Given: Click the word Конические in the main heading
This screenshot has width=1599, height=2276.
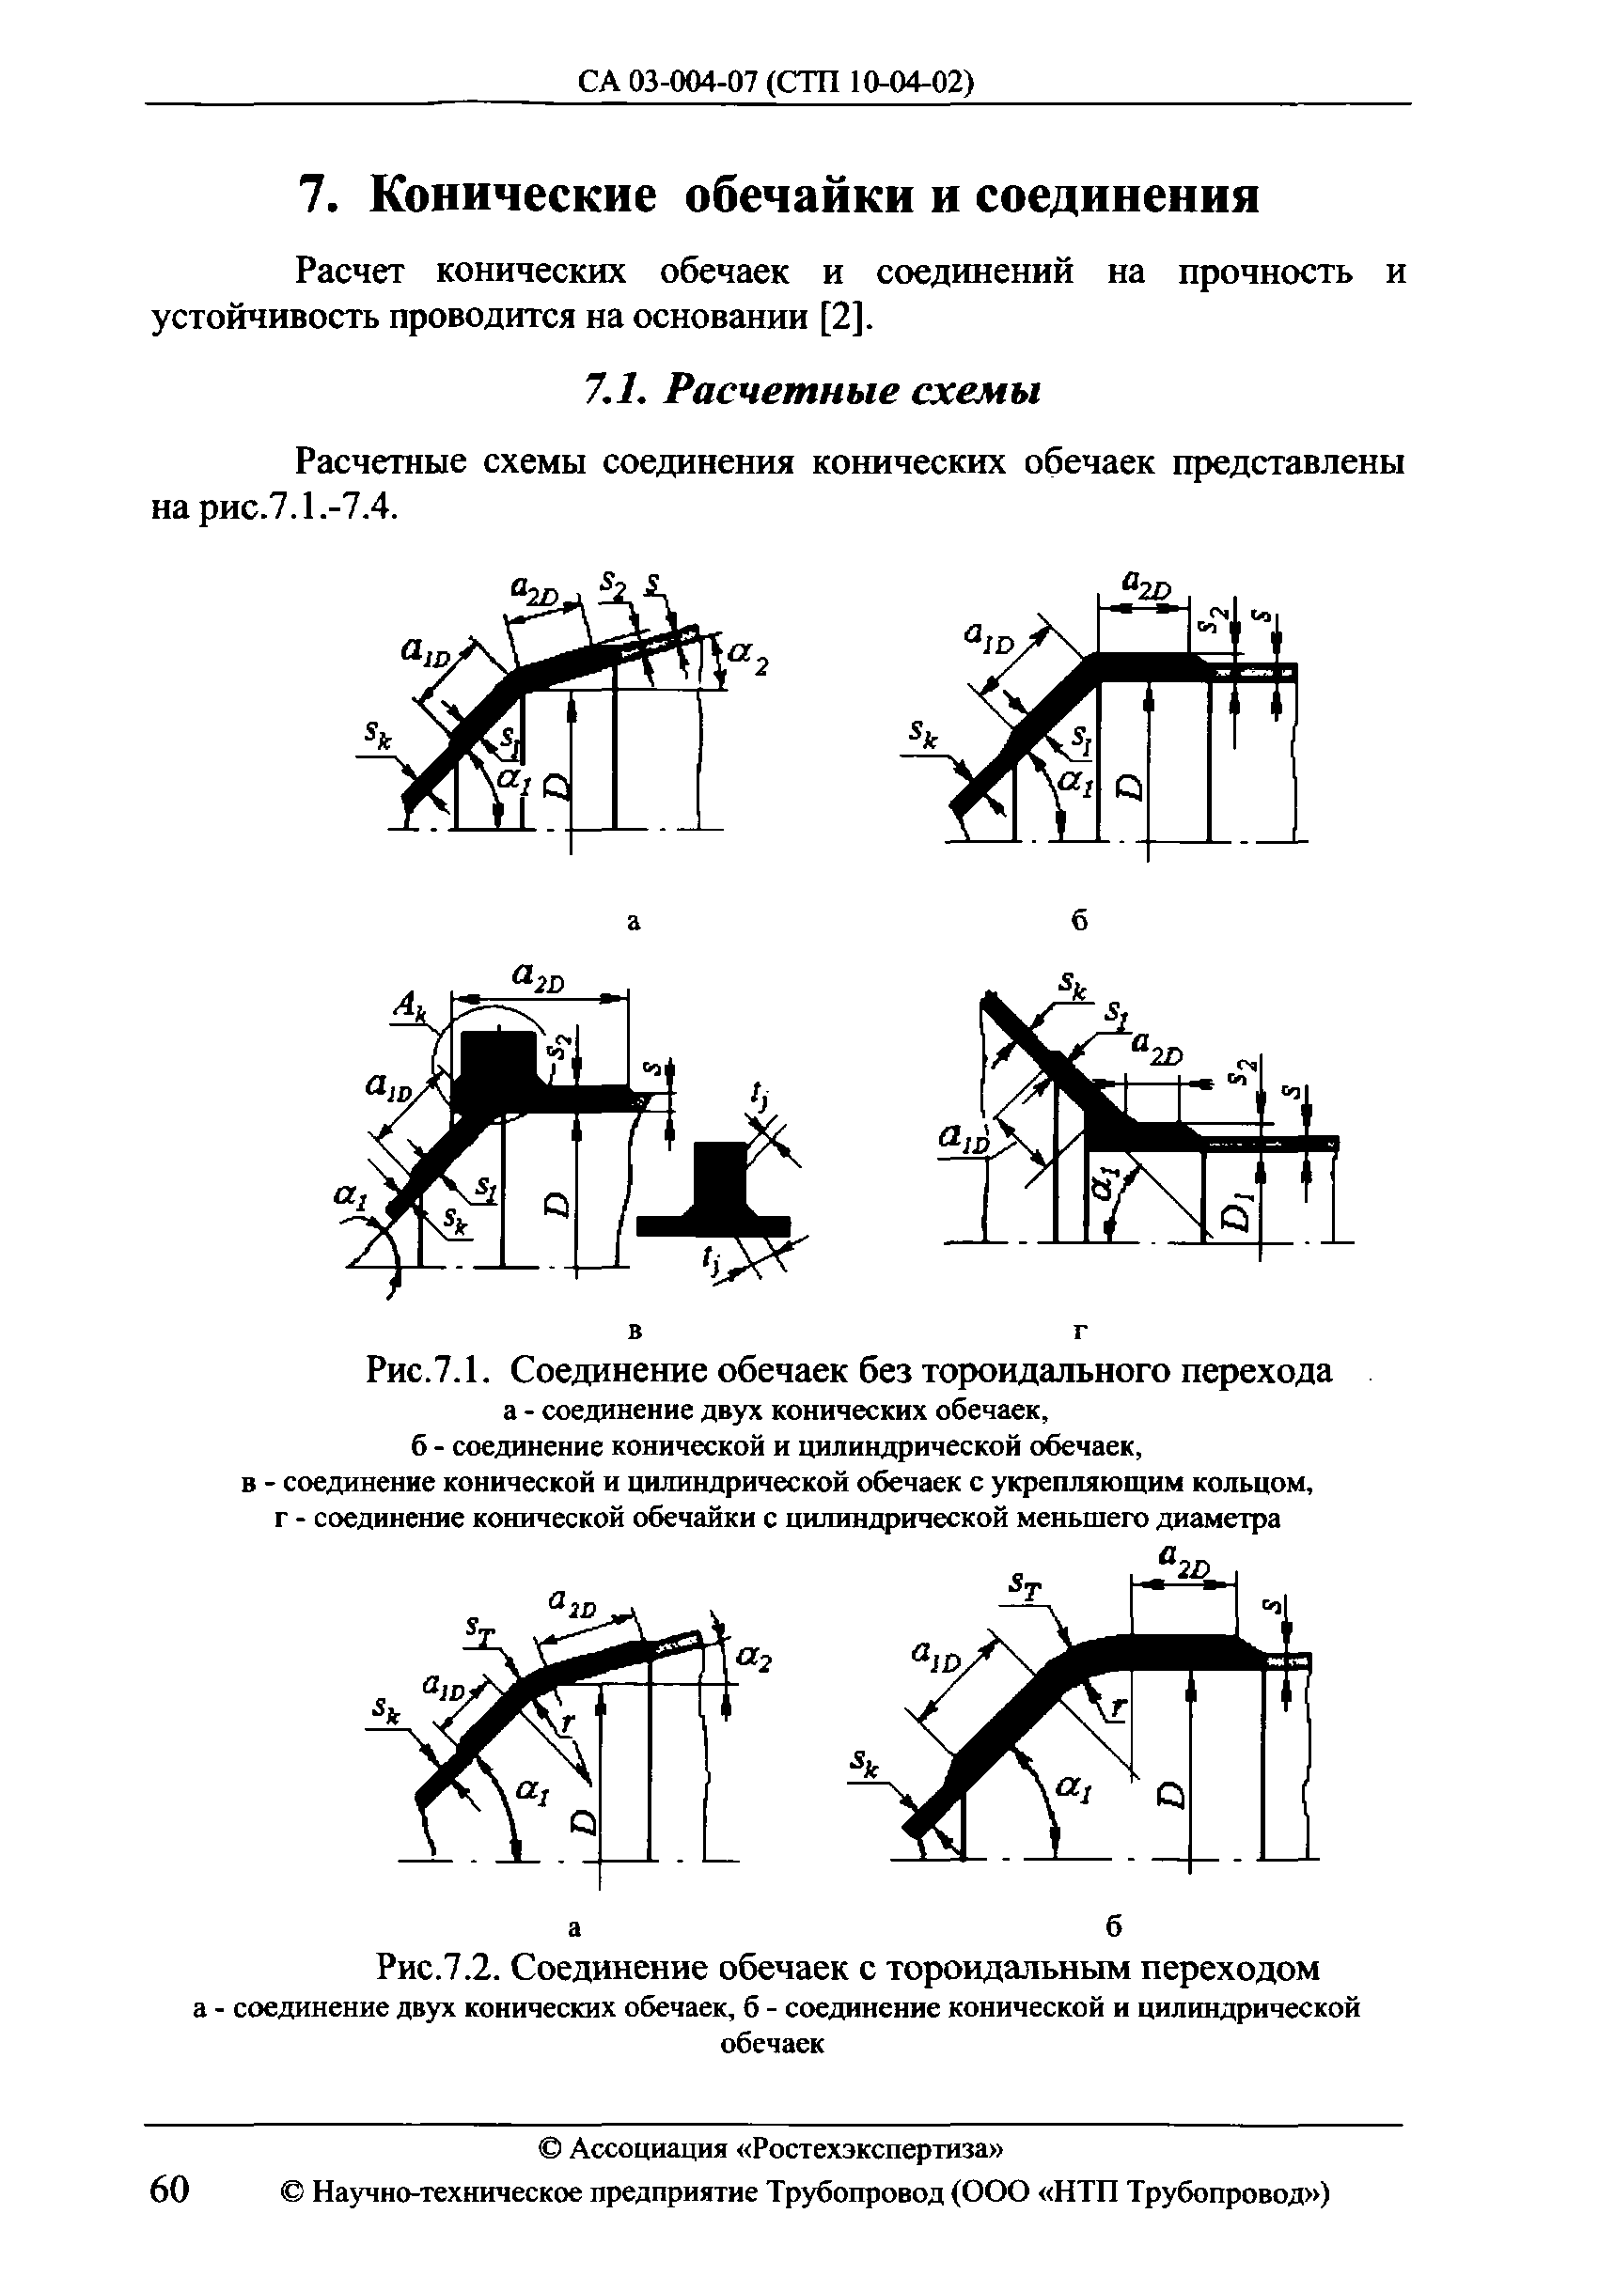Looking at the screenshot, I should [x=511, y=195].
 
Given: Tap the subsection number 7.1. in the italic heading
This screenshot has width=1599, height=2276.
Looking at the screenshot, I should [x=616, y=391].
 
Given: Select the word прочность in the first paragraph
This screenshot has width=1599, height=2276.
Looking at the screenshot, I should [x=1264, y=272].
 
